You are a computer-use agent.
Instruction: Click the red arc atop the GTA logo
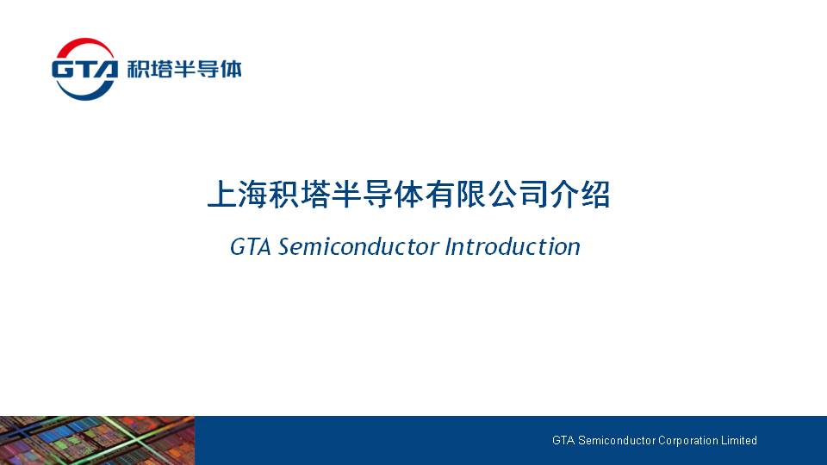[x=84, y=43]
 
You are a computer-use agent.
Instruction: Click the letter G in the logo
[x=63, y=70]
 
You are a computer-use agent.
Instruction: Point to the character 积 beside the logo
[x=138, y=69]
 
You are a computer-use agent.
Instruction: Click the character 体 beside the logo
[x=231, y=69]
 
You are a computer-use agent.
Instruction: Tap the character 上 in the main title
[x=222, y=194]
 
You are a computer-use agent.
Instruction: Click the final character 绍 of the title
[x=595, y=194]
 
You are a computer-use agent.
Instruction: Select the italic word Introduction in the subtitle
[x=512, y=247]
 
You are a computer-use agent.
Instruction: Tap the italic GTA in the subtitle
[x=251, y=247]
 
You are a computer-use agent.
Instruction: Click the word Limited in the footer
[x=739, y=440]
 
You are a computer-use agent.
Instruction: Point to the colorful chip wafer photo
[x=97, y=440]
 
